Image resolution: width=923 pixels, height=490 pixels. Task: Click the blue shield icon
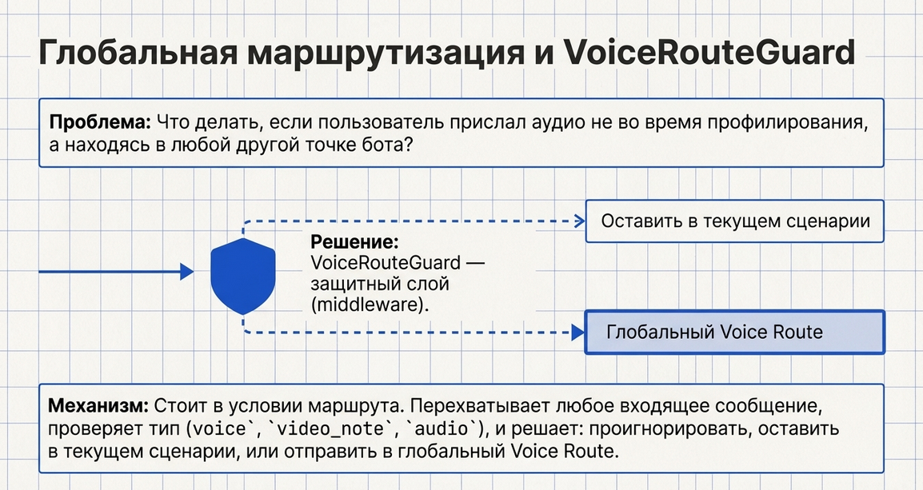point(243,273)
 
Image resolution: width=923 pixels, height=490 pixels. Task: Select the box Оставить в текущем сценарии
point(735,221)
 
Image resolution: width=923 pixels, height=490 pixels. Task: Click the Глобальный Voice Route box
point(735,332)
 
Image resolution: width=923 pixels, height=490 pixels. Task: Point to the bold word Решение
point(354,242)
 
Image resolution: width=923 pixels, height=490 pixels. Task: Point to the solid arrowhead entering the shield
point(187,273)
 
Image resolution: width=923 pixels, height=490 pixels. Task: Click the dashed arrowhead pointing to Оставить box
point(577,221)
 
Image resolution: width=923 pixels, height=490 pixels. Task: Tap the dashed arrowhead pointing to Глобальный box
point(577,332)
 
